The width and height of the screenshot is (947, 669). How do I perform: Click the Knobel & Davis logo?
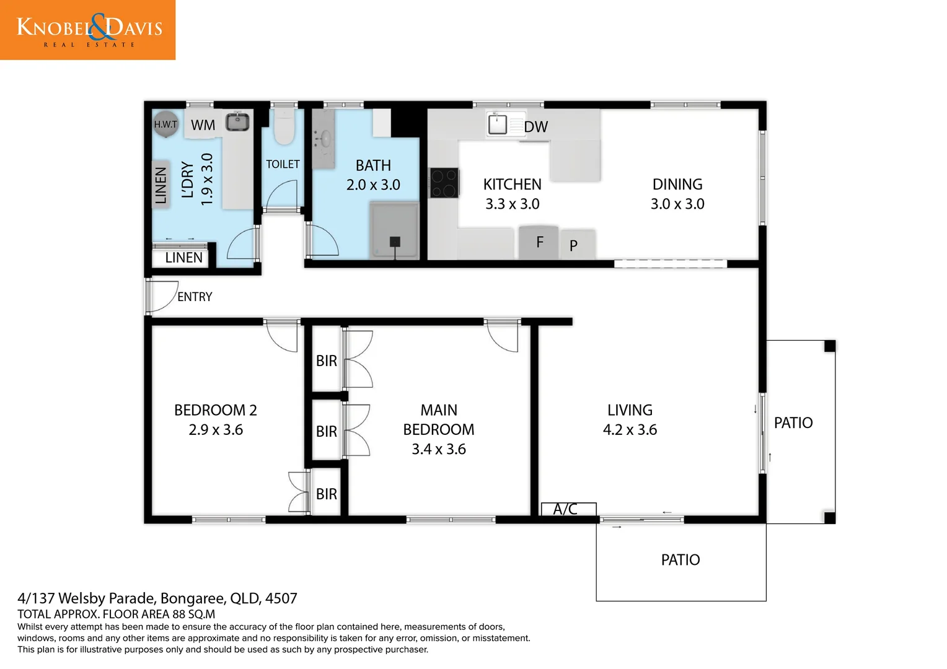tap(87, 30)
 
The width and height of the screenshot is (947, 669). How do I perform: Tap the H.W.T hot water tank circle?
tap(165, 124)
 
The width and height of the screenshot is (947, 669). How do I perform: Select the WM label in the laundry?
tap(203, 125)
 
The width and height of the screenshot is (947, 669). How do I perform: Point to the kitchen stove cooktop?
tap(444, 183)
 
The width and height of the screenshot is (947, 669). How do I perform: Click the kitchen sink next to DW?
tap(498, 124)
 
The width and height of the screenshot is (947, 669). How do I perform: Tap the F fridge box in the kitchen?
tap(539, 242)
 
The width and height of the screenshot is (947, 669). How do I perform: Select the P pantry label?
tap(573, 246)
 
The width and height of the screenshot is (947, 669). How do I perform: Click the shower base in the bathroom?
tap(394, 230)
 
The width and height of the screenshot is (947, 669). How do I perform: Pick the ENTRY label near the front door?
tap(195, 297)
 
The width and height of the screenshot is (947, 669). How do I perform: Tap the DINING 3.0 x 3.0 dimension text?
tap(677, 204)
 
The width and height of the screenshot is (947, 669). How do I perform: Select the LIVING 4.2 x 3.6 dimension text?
tap(630, 430)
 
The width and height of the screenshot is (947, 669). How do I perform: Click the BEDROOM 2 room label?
tap(215, 410)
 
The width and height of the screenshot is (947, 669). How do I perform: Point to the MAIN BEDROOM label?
tap(439, 420)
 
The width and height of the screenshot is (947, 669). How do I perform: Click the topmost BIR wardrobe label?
tap(327, 361)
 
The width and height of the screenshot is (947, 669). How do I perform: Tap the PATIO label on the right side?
tap(793, 422)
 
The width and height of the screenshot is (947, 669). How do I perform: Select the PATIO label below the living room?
tap(680, 560)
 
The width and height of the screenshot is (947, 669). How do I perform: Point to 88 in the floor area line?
tap(179, 614)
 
